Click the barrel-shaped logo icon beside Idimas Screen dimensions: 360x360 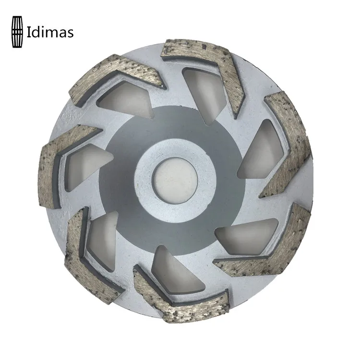pos(17,32)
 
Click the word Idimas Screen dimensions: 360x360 pos(50,32)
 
